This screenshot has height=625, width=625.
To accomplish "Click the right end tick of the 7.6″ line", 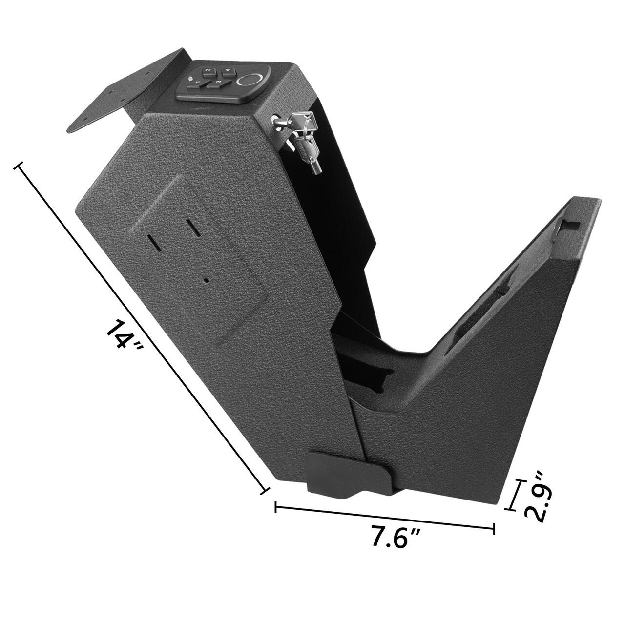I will pos(494,528).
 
